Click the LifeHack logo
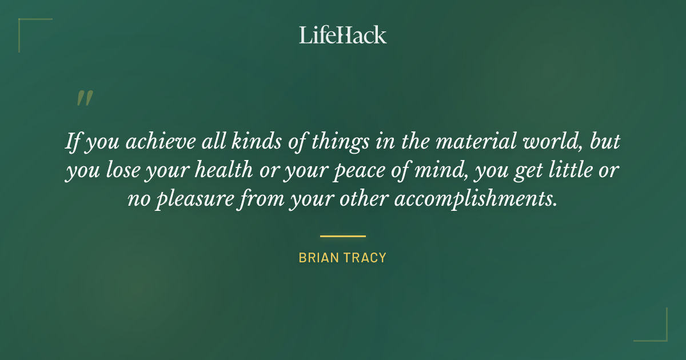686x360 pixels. pos(342,35)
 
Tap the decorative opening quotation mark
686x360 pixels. pos(84,98)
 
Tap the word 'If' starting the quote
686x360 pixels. pos(73,142)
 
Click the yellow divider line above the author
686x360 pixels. pos(342,235)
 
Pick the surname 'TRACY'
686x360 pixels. pos(366,258)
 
